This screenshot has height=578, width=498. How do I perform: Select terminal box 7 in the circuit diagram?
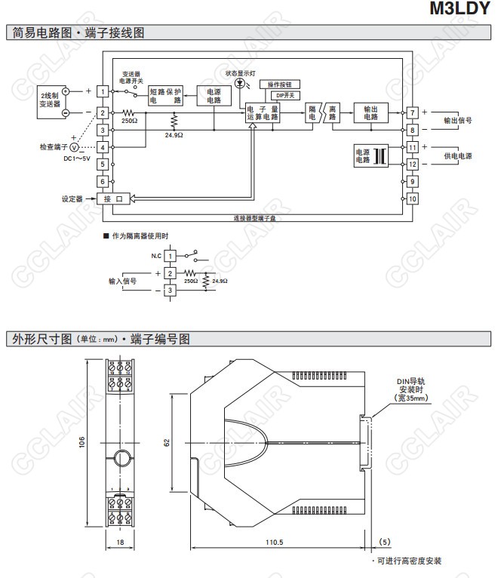pyautogui.click(x=412, y=113)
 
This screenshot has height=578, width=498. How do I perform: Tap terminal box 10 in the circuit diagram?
pyautogui.click(x=412, y=198)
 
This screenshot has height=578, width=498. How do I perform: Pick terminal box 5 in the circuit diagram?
pyautogui.click(x=102, y=164)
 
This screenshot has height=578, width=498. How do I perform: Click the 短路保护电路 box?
pyautogui.click(x=166, y=95)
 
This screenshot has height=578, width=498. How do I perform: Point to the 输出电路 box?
pyautogui.click(x=370, y=113)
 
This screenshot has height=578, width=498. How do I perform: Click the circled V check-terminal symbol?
pyautogui.click(x=74, y=147)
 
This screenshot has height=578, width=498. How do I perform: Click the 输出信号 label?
pyautogui.click(x=457, y=121)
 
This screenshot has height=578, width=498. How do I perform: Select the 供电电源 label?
pyautogui.click(x=457, y=155)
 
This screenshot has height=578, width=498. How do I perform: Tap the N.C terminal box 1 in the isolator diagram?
pyautogui.click(x=171, y=256)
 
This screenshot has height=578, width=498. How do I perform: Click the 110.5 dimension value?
pyautogui.click(x=275, y=542)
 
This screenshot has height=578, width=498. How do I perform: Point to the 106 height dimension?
pyautogui.click(x=81, y=444)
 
